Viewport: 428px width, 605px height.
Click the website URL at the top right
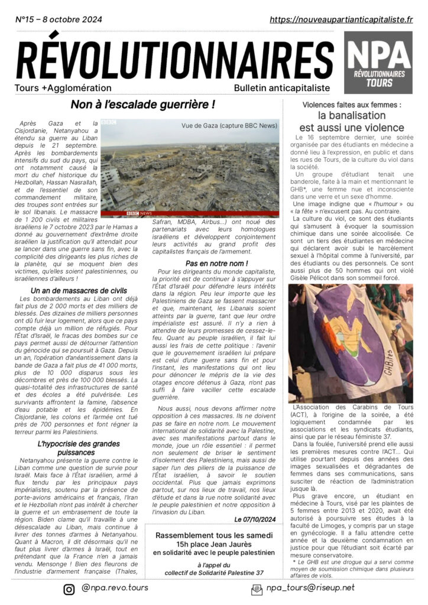point(341,19)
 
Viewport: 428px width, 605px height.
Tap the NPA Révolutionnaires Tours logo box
point(379,63)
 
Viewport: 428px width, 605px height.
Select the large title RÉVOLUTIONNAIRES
point(174,62)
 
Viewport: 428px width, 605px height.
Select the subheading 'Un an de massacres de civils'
point(79,291)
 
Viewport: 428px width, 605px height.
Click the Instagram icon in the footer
point(69,588)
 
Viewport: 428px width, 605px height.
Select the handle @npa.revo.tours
point(116,588)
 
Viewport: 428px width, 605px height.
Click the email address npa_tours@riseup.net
point(310,588)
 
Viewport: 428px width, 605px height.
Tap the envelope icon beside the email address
point(257,588)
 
